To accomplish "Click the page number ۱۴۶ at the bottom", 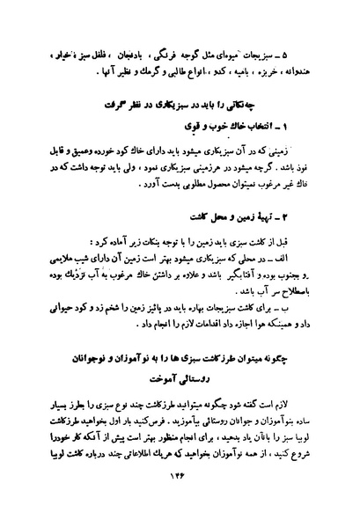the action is coord(180,499).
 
